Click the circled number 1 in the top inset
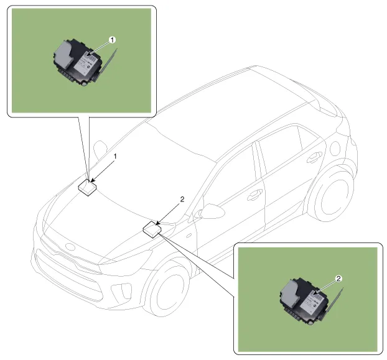(x=112, y=40)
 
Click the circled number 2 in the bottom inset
(x=338, y=279)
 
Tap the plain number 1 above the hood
(x=115, y=156)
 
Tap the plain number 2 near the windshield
(x=182, y=199)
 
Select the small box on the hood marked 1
(x=87, y=188)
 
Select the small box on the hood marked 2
(x=152, y=229)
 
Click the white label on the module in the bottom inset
(x=312, y=302)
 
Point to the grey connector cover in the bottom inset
(x=291, y=293)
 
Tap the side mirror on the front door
(x=212, y=211)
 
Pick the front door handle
(x=254, y=195)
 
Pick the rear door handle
(x=314, y=157)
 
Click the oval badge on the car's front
(x=70, y=247)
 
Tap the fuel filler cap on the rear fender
(x=335, y=149)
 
